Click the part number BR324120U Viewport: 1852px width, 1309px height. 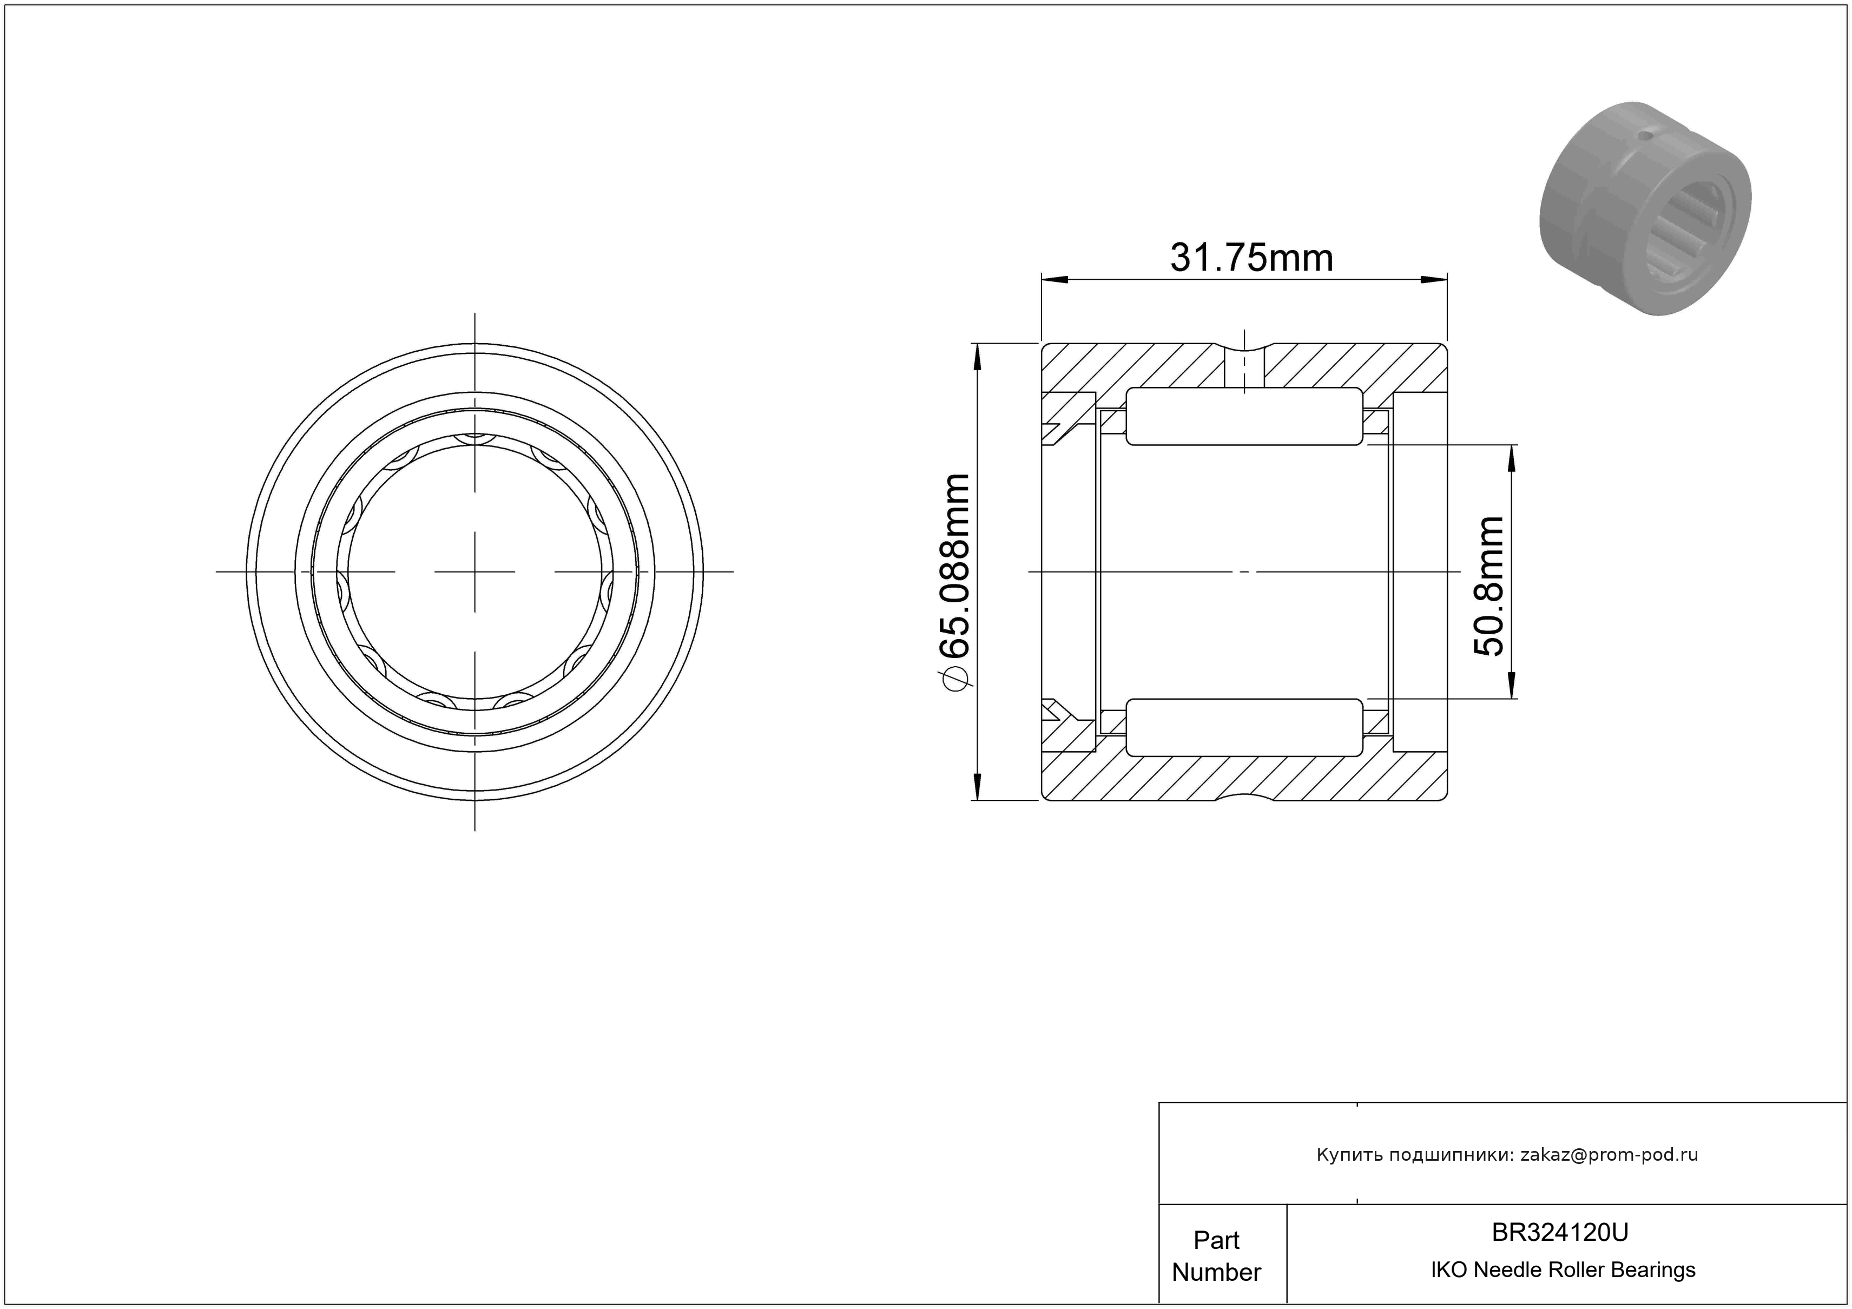tap(1560, 1232)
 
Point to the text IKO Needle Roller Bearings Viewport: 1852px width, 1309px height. tap(1563, 1270)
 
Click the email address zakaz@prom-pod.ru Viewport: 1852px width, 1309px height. tap(1609, 1155)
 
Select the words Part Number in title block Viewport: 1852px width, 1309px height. tap(1216, 1256)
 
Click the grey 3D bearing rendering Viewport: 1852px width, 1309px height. tap(1645, 208)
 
